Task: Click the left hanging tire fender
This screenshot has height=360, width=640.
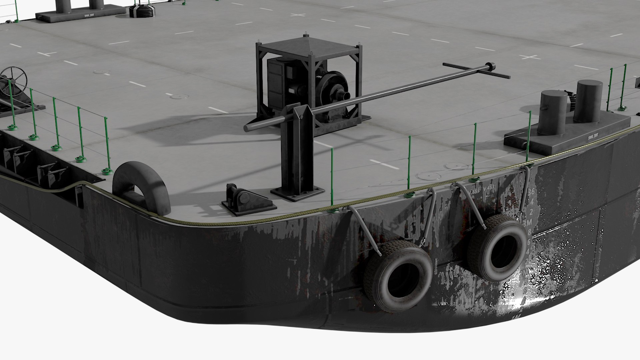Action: click(x=398, y=276)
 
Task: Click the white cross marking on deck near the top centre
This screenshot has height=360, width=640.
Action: click(x=298, y=15)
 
